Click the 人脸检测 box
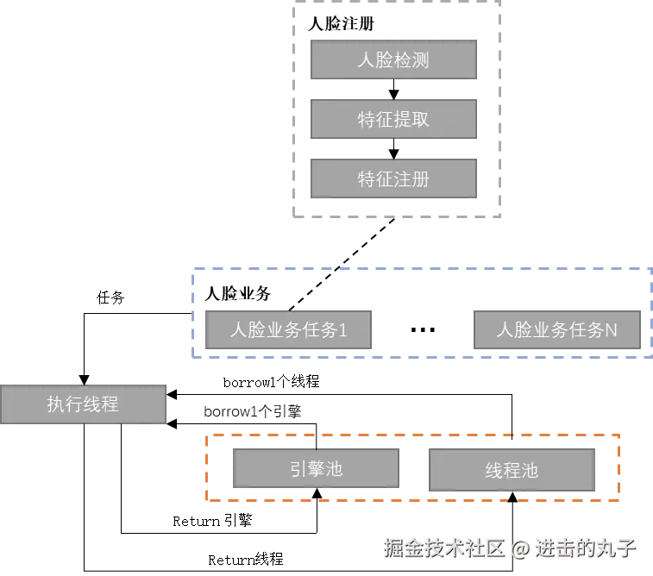pos(393,60)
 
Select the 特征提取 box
pos(393,120)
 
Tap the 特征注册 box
pos(393,179)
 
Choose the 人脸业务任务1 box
pos(287,330)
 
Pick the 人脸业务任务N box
pos(556,330)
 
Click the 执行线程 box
pos(83,404)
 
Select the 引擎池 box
pos(315,469)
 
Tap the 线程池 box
pos(512,471)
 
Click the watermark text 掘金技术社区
pos(444,547)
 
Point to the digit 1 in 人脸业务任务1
pos(342,330)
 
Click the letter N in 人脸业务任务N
pos(611,330)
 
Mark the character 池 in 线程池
pos(530,471)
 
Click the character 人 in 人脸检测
pos(367,60)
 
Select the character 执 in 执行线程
pos(56,404)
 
